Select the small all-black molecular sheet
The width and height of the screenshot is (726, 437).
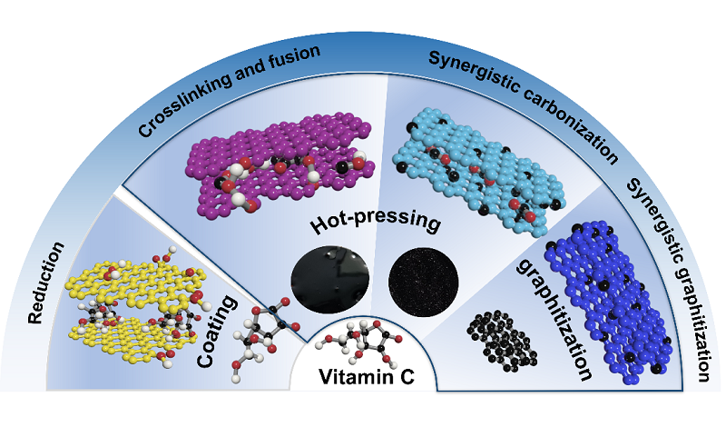click(498, 337)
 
